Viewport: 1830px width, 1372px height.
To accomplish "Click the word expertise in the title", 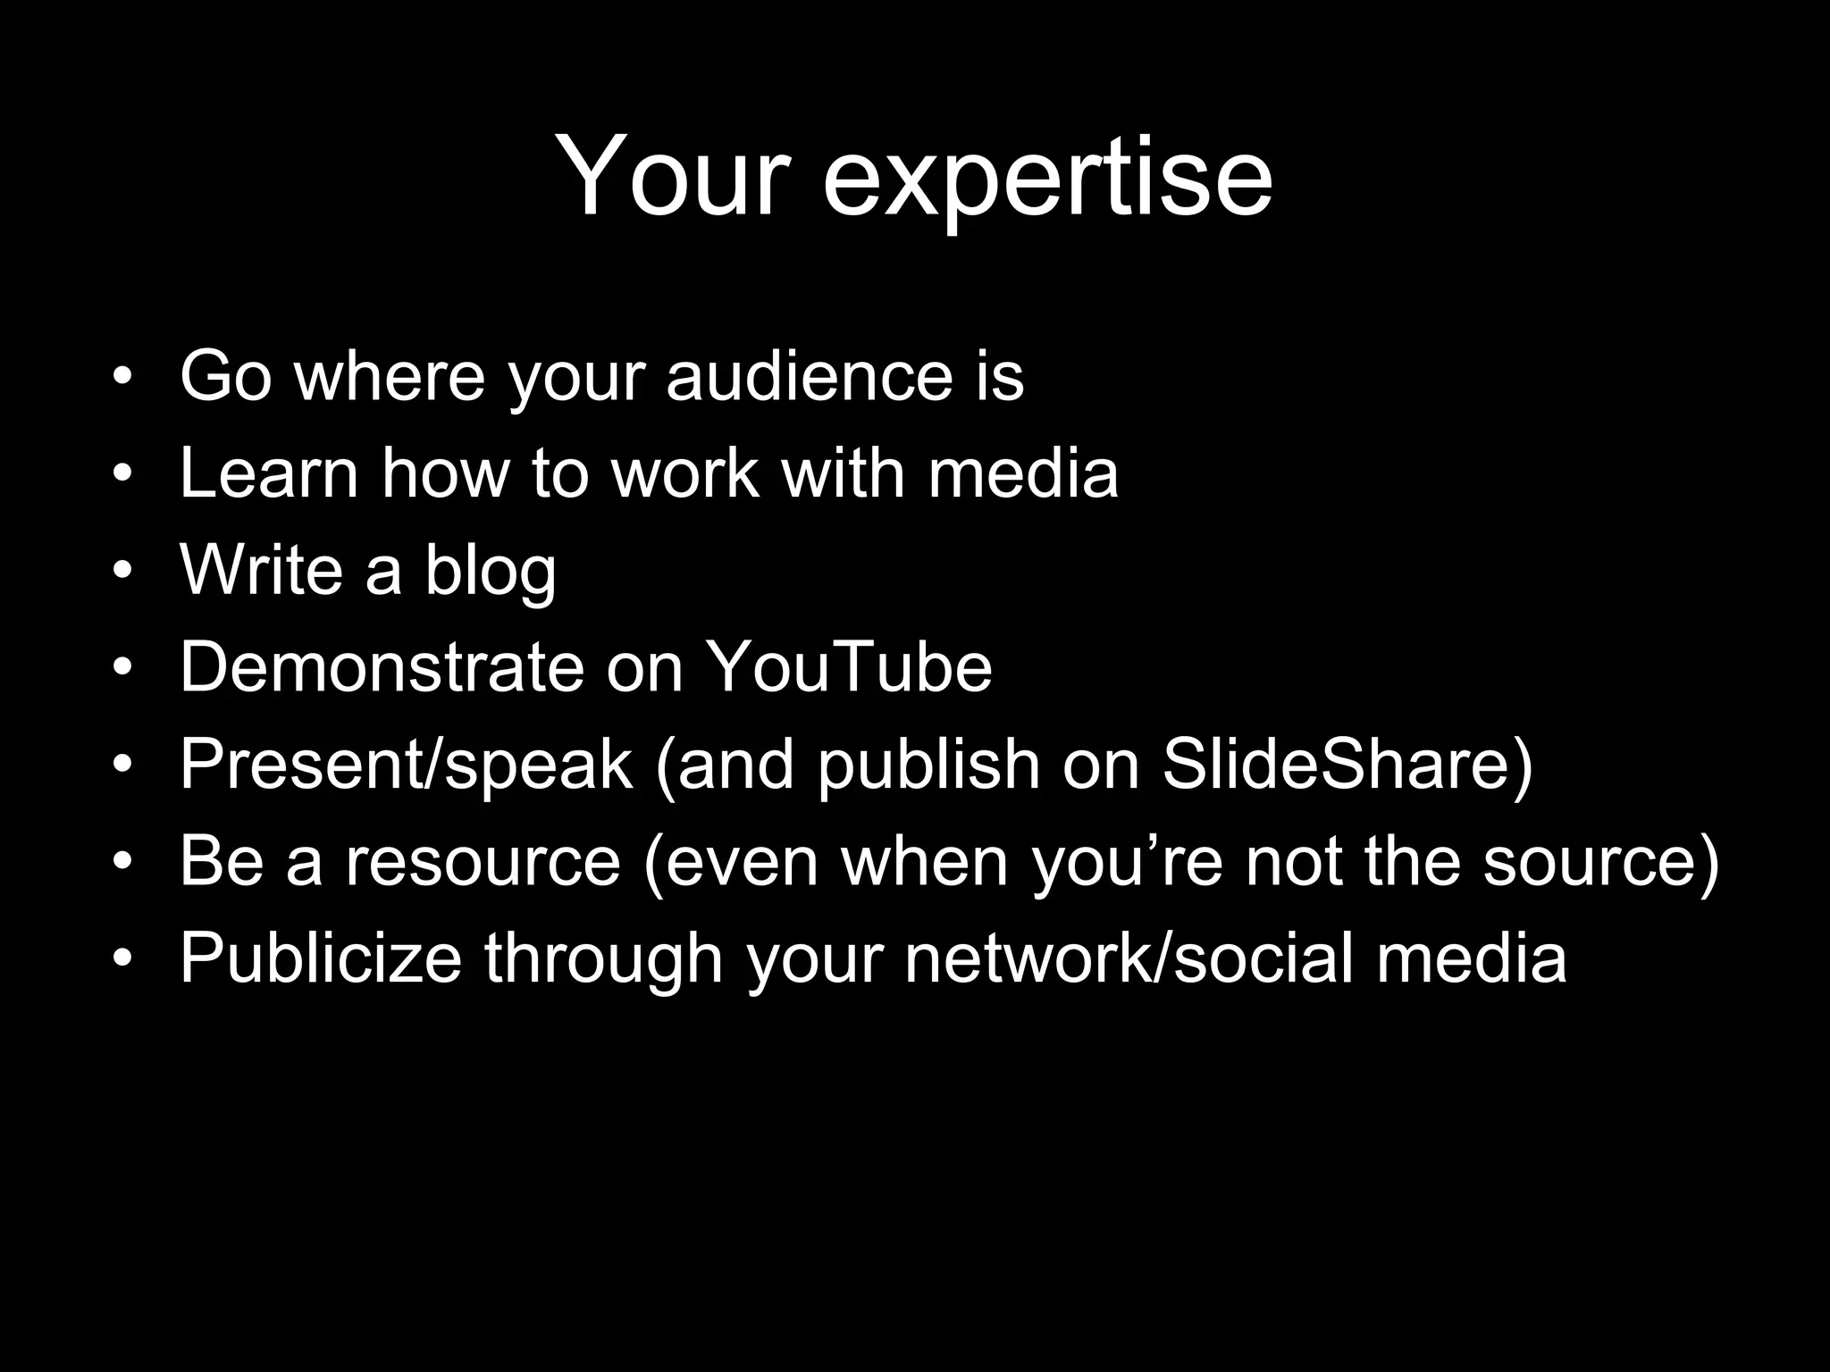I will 1047,178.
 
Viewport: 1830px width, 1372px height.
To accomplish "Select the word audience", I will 810,376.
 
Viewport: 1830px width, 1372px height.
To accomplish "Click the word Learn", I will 269,473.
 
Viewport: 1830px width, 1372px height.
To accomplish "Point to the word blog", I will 490,572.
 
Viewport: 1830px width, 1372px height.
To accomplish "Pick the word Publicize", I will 321,958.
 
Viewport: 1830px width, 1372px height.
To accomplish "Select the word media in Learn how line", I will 1023,473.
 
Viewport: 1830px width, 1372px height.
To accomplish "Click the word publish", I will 928,765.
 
